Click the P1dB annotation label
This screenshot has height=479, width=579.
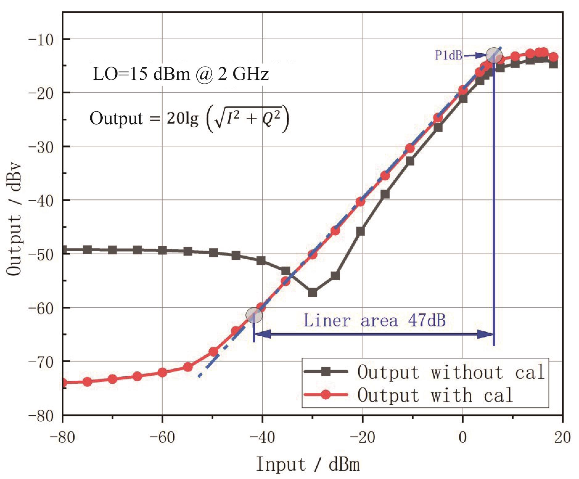coord(448,55)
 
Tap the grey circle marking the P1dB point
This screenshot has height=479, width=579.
coord(494,55)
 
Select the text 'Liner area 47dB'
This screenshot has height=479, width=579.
coord(375,320)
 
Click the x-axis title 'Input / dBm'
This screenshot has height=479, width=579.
coord(308,464)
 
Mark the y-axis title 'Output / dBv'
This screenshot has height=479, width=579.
coord(14,219)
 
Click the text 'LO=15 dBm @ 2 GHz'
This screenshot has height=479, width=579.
coord(181,74)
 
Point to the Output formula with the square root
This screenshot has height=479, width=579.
coord(189,119)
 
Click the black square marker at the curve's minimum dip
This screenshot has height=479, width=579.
coord(312,292)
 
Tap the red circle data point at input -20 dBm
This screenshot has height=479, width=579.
coord(360,202)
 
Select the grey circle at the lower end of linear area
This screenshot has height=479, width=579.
coord(254,315)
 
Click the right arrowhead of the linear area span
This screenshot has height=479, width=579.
coord(485,334)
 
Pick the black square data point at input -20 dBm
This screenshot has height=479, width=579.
coord(360,231)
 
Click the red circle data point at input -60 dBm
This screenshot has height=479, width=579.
coord(162,372)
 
